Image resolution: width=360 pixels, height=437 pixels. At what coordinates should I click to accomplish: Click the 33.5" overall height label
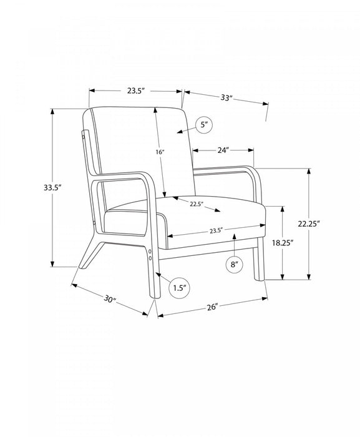point(52,187)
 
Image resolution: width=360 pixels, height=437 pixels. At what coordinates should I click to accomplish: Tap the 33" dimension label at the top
point(226,97)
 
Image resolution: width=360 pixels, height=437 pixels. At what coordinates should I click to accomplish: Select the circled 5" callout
point(204,125)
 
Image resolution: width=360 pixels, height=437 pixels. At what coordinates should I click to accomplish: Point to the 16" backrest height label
point(160,152)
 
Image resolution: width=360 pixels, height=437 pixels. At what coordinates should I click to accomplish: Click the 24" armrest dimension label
point(223,150)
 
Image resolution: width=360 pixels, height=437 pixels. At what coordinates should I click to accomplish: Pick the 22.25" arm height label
point(309,223)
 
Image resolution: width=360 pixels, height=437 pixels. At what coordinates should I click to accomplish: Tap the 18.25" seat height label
point(283,243)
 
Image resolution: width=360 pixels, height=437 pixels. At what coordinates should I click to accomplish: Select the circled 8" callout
point(234,264)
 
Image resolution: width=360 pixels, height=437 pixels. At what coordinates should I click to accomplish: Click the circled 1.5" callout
point(180,288)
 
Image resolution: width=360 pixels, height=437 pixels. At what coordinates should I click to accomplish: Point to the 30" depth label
point(110,299)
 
